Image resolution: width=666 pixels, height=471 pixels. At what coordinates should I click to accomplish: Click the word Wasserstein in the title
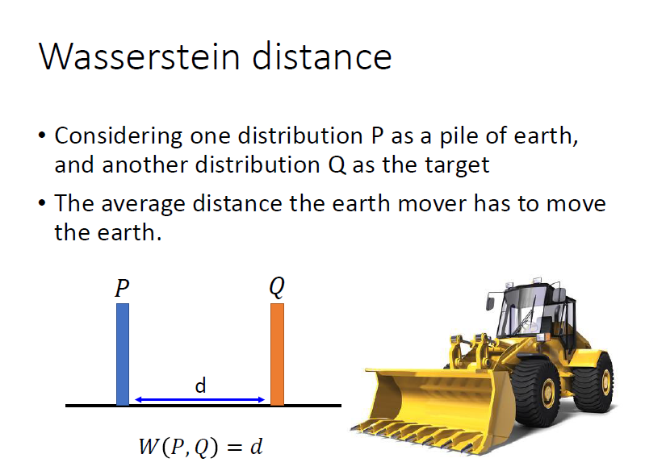(140, 56)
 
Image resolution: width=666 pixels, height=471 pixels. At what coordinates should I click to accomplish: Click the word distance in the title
(322, 56)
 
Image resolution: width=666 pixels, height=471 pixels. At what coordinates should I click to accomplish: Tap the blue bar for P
(123, 354)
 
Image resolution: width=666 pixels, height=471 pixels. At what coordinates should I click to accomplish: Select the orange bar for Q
(278, 354)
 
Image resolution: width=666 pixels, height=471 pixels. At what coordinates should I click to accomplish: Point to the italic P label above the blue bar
(122, 288)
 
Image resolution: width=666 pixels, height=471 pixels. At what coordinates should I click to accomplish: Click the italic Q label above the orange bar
(277, 287)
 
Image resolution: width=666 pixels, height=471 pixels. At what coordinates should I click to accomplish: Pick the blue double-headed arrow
(199, 399)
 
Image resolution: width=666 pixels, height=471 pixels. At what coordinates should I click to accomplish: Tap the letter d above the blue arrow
(200, 386)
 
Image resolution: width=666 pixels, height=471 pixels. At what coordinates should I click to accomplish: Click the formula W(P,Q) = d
(200, 447)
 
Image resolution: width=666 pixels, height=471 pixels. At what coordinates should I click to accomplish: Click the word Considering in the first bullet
(119, 136)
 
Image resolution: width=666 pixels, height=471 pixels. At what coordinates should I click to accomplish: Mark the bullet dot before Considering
(42, 135)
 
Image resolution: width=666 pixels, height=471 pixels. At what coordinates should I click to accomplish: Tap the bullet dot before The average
(42, 203)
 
